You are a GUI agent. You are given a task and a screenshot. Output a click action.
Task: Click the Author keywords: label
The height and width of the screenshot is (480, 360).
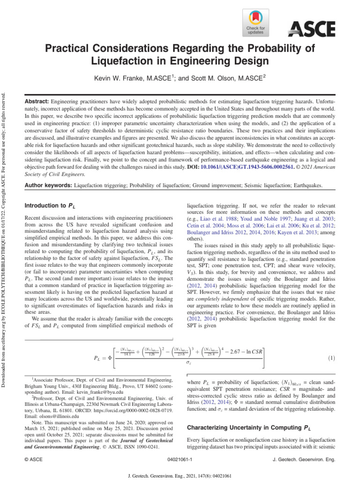click(49, 186)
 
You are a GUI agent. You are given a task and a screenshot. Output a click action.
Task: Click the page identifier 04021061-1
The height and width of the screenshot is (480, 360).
click(180, 460)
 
